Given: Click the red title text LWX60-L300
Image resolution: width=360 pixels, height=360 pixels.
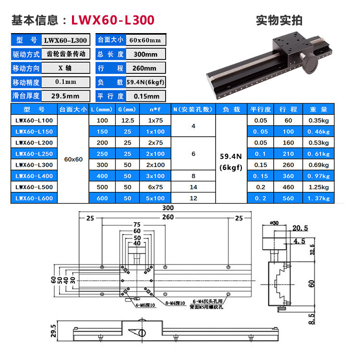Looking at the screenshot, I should click(x=113, y=20).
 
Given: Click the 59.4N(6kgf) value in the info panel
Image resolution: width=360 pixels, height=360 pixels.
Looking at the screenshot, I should click(x=145, y=82).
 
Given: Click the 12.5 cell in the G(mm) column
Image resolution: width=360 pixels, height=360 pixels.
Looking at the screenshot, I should click(x=128, y=120).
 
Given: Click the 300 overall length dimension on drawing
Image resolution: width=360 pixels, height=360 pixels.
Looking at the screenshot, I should click(x=168, y=208).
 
